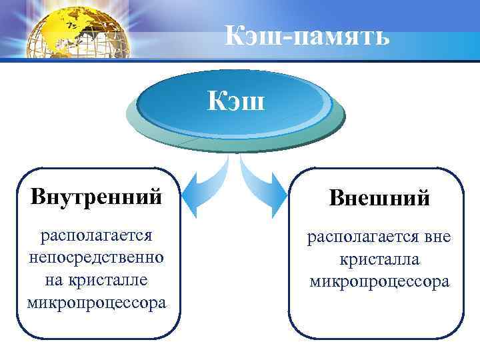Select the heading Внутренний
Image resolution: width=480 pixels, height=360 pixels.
[97, 197]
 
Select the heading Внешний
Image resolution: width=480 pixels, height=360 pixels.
[379, 198]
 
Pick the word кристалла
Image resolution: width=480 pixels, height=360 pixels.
[379, 259]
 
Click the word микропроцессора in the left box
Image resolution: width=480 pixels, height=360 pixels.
[97, 303]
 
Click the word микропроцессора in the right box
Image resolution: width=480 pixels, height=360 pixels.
[379, 282]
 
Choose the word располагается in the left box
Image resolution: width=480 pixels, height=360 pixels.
[97, 235]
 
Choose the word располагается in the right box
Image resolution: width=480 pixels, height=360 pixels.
[361, 237]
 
